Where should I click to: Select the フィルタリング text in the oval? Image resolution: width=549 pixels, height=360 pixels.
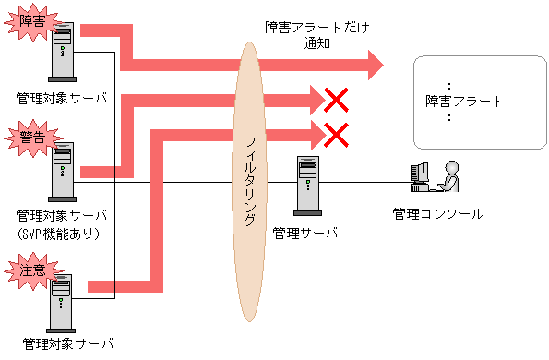(x=250, y=180)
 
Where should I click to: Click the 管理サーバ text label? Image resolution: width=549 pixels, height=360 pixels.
(x=305, y=232)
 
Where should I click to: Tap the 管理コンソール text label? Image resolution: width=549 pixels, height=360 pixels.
(x=437, y=214)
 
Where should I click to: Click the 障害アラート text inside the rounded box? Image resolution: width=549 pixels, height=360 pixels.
(x=464, y=102)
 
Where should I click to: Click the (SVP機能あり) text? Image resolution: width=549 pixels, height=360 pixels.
(x=61, y=234)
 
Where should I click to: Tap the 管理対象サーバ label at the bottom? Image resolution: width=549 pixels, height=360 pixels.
(x=67, y=344)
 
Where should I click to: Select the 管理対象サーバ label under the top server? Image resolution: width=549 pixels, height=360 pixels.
(x=62, y=97)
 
